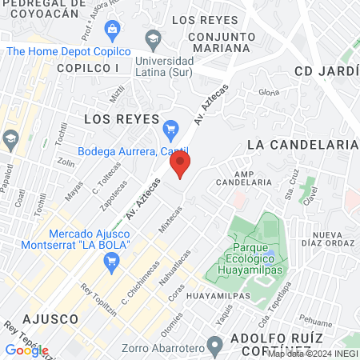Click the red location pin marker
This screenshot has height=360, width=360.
pos(180,166)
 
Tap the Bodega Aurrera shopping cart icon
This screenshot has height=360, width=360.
pos(170,128)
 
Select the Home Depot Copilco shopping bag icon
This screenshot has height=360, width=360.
pos(111,30)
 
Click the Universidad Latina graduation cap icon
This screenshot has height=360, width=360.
pos(152,38)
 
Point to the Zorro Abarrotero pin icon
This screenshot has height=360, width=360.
pos(214,346)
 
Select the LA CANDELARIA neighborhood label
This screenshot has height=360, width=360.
pos(302,144)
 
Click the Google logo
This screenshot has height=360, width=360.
pos(26,350)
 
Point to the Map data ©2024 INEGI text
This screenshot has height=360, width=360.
pos(312,354)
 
